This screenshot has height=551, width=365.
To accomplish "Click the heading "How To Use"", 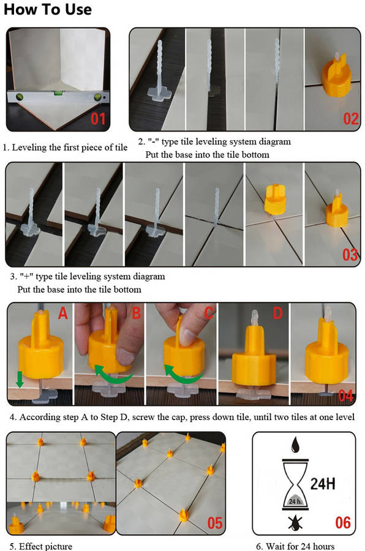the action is [48, 9].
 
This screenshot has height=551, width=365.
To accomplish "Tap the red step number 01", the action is [98, 119].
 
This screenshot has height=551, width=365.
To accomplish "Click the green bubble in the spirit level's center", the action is [56, 93].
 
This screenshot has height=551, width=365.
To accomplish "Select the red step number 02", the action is [350, 119].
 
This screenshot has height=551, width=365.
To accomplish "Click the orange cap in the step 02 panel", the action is [336, 75].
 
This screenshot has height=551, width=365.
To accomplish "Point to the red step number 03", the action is [350, 255].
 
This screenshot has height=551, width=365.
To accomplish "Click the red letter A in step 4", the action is [62, 313].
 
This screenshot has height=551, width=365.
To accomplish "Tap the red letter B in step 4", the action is [137, 313].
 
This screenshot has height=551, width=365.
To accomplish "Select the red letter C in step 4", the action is [209, 313].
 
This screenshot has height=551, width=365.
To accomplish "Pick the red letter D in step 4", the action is [278, 313].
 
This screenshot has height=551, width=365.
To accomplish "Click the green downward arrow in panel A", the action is [20, 379].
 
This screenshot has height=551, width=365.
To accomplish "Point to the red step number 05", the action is [214, 523].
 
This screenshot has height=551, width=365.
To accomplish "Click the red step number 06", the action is [343, 523].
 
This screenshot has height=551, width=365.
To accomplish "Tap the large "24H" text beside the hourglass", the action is [323, 484].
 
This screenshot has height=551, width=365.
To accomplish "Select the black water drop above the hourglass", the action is [295, 444].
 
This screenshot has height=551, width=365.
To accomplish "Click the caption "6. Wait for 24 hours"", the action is [295, 546].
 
